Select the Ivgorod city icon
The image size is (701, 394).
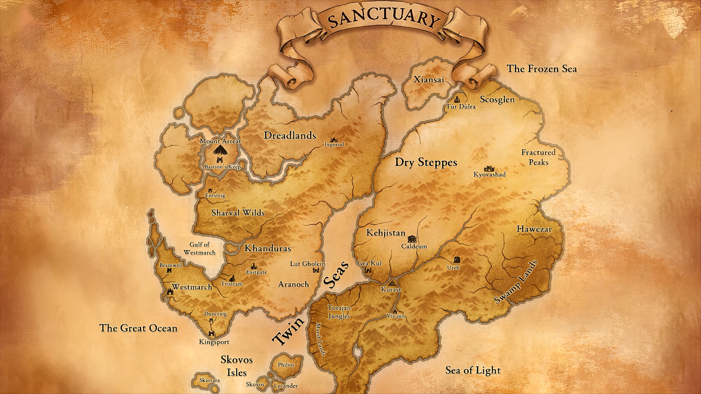pos(333,140)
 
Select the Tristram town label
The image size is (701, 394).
pos(232,284)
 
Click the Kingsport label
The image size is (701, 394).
pos(214,342)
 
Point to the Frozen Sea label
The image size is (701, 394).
pos(541,69)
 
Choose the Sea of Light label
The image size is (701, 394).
pos(473,370)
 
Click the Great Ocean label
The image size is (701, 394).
pos(138,328)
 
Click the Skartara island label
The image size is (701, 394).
pos(209,380)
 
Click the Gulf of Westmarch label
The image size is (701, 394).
pos(200,248)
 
